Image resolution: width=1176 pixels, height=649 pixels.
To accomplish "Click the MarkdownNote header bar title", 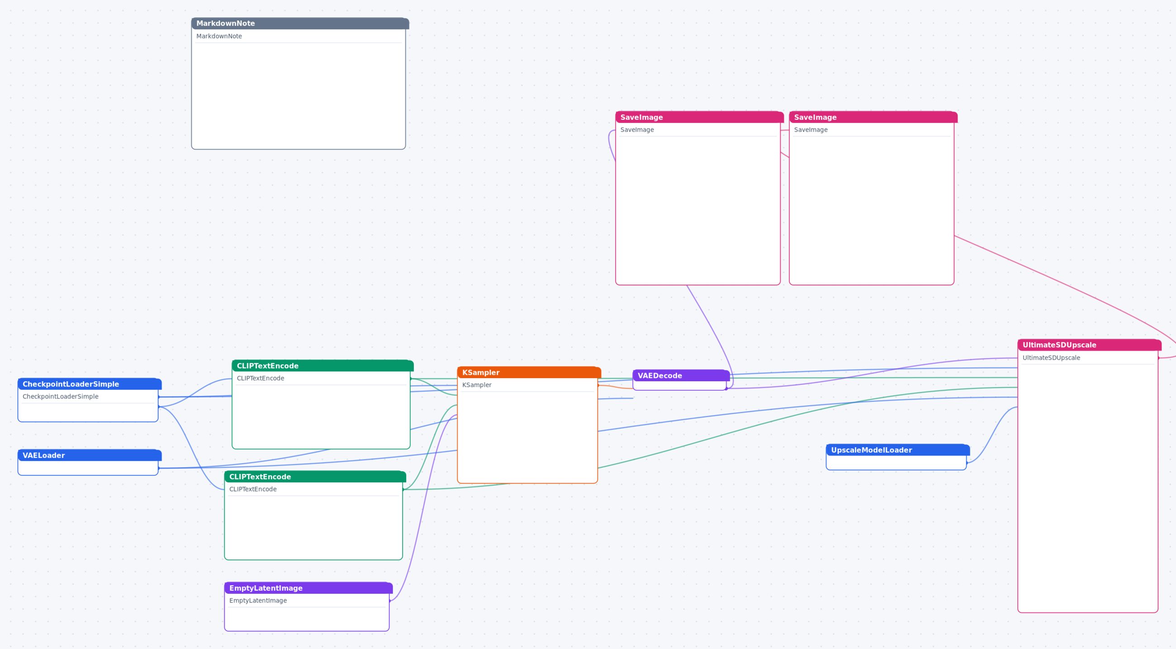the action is (226, 23).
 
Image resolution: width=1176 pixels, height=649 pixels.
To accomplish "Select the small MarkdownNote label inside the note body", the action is (219, 36).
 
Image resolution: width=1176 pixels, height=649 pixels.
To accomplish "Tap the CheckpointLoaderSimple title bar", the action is (90, 384).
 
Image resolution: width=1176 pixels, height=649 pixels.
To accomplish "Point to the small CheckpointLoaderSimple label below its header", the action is (61, 396).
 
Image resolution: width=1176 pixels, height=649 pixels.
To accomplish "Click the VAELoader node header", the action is (90, 455).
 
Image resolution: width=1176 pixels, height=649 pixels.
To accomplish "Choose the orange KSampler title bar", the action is (529, 372).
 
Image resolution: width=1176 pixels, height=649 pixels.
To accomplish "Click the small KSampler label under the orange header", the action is (477, 385).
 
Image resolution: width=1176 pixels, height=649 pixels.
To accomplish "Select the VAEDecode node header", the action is (681, 376).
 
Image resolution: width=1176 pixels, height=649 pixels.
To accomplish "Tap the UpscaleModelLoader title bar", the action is (898, 450).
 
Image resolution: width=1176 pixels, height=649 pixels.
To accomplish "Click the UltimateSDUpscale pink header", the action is (1089, 345).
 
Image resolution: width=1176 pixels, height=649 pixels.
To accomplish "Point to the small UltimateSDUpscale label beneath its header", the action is (1051, 358).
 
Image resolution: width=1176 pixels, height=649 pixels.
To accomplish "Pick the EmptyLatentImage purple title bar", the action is (308, 588).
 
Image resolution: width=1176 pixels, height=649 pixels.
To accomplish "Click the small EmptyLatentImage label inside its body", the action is (258, 601).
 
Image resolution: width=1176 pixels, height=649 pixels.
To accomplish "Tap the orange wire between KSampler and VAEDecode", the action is (616, 387).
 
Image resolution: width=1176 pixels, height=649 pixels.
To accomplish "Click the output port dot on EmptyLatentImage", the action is (389, 601).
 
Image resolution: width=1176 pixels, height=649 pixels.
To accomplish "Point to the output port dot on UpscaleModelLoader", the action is (967, 463).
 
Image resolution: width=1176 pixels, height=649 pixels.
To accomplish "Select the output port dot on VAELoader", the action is (158, 468).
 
